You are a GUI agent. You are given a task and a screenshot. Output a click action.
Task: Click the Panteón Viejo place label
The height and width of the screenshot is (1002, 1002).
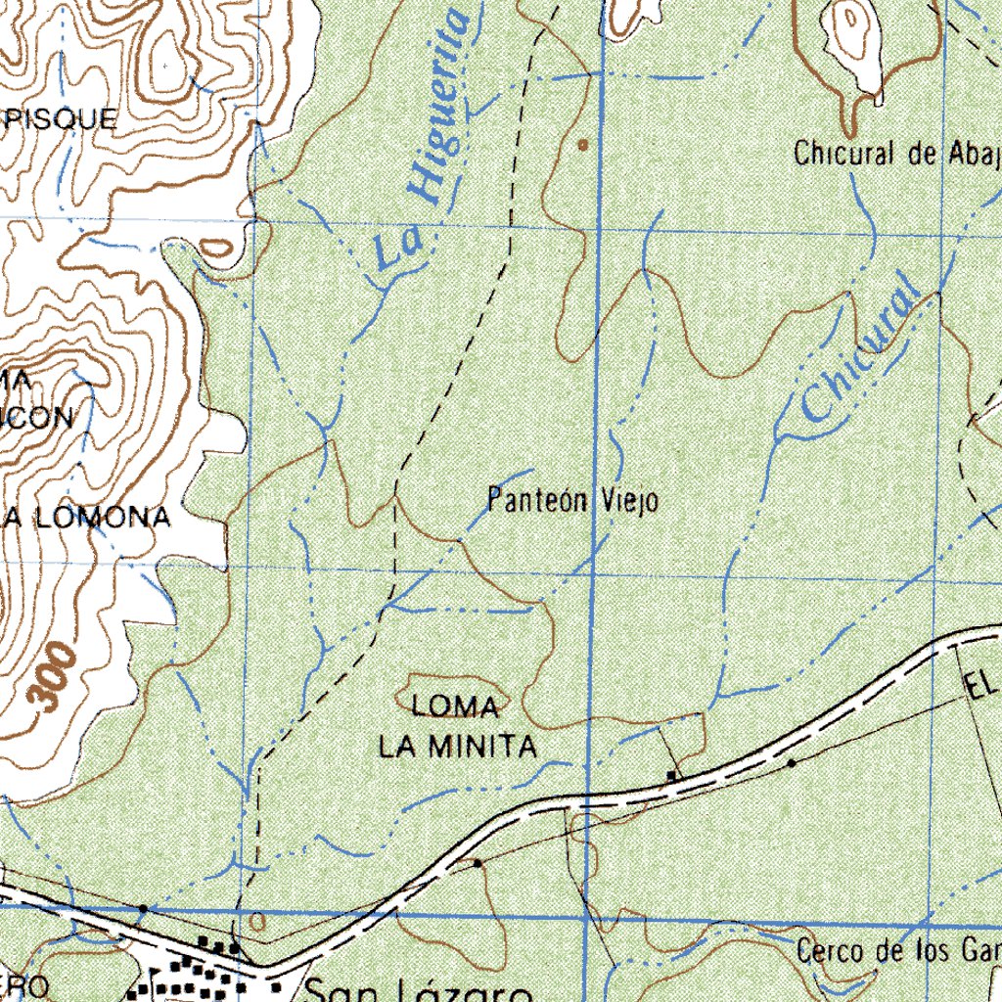[x=572, y=501]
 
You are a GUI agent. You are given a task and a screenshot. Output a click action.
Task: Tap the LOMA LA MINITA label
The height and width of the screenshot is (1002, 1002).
[x=458, y=726]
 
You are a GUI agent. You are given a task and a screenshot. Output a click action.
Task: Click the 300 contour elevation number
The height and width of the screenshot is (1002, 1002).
[x=52, y=674]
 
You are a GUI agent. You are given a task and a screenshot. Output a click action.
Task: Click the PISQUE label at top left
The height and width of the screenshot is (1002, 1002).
[x=59, y=119]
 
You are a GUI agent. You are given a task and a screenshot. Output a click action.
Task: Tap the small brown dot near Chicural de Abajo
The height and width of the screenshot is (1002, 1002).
[x=583, y=145]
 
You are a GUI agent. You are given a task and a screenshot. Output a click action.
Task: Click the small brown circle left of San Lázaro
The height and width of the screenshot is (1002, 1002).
[x=257, y=920]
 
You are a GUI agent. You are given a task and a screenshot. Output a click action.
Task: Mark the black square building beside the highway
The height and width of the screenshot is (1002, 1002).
[x=671, y=776]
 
